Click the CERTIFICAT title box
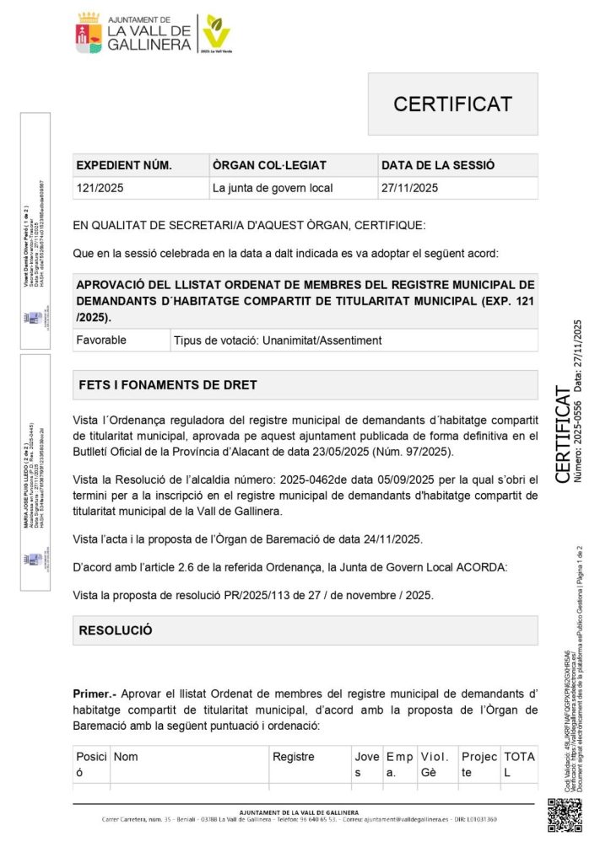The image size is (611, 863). [x=452, y=104]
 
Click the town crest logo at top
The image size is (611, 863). [x=89, y=33]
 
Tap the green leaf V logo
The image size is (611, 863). [x=217, y=32]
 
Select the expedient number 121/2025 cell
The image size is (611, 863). [x=100, y=188]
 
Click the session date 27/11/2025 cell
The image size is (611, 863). [x=410, y=188]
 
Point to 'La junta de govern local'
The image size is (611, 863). [x=273, y=188]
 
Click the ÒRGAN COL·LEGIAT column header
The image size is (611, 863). [x=269, y=165]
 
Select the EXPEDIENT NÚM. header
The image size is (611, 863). [x=124, y=165]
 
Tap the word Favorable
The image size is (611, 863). [x=101, y=340]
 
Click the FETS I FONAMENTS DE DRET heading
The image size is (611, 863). [x=168, y=384]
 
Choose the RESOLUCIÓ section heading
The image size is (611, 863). [x=115, y=630]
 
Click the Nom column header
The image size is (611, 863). [x=126, y=757]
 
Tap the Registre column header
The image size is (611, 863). [x=293, y=757]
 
